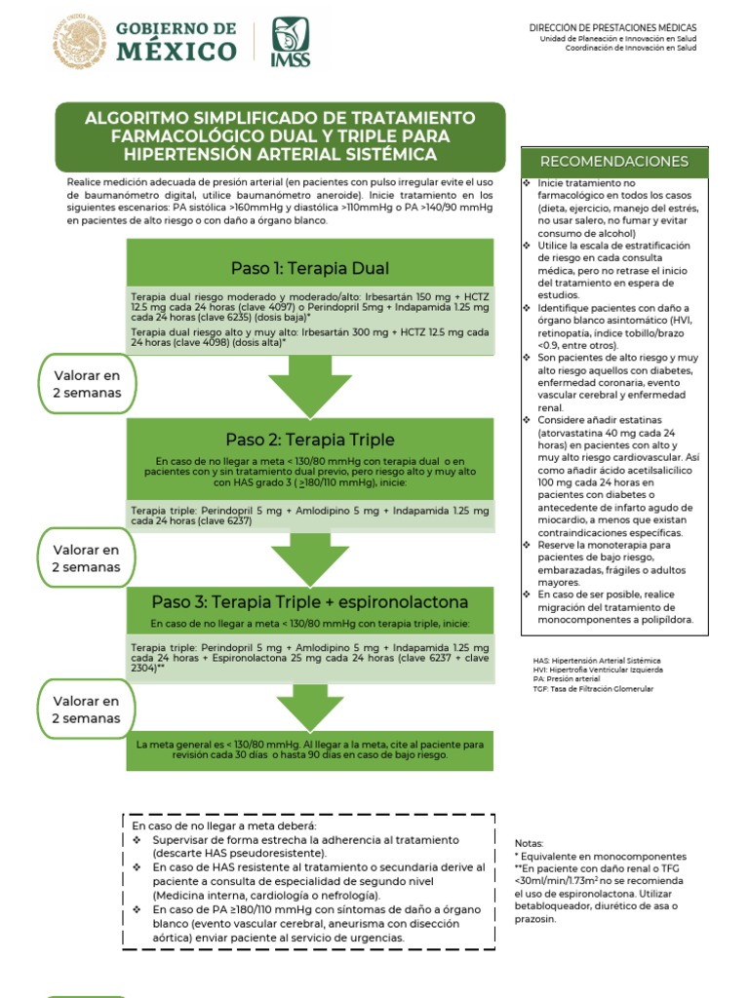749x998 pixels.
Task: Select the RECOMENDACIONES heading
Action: coord(614,161)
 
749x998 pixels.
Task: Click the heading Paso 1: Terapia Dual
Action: coord(310,268)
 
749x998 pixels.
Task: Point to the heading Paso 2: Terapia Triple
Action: coord(310,438)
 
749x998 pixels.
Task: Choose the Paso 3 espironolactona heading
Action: coord(310,601)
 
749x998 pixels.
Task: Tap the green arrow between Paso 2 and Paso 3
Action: coord(310,559)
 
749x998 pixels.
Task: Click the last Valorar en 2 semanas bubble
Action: coord(87,710)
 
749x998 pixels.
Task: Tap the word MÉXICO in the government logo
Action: coord(177,52)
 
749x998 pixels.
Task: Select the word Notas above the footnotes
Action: coord(530,843)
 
